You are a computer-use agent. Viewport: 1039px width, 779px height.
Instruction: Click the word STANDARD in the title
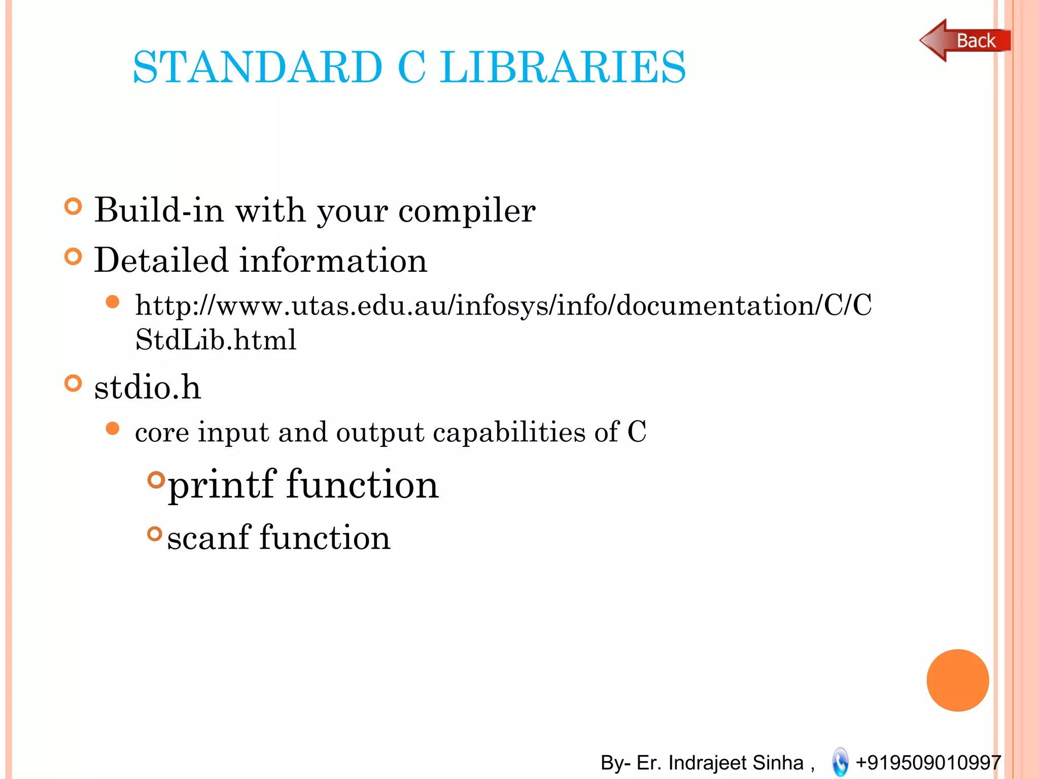pyautogui.click(x=257, y=67)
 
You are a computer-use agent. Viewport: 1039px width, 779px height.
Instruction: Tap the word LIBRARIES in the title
pyautogui.click(x=563, y=67)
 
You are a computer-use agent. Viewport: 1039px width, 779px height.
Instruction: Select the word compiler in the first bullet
pyautogui.click(x=467, y=210)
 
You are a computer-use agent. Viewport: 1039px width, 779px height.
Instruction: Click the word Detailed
pyautogui.click(x=161, y=260)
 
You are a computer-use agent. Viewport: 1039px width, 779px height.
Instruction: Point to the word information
pyautogui.click(x=333, y=260)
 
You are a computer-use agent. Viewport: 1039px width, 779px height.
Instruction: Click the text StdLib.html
pyautogui.click(x=216, y=339)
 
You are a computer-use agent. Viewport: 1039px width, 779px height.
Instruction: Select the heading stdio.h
pyautogui.click(x=148, y=387)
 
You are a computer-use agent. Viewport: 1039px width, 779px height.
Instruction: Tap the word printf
pyautogui.click(x=222, y=485)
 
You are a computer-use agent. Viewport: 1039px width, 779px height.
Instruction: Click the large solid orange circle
pyautogui.click(x=957, y=680)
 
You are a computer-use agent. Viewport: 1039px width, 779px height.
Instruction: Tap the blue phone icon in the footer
pyautogui.click(x=840, y=762)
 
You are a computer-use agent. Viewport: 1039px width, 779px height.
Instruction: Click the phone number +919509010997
pyautogui.click(x=928, y=762)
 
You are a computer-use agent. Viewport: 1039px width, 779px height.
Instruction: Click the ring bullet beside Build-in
pyautogui.click(x=74, y=206)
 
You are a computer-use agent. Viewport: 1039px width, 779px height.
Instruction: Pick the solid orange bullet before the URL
pyautogui.click(x=113, y=303)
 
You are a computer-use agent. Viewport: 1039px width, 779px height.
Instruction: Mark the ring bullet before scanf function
pyautogui.click(x=155, y=534)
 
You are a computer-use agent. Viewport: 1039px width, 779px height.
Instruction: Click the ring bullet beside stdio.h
pyautogui.click(x=74, y=383)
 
